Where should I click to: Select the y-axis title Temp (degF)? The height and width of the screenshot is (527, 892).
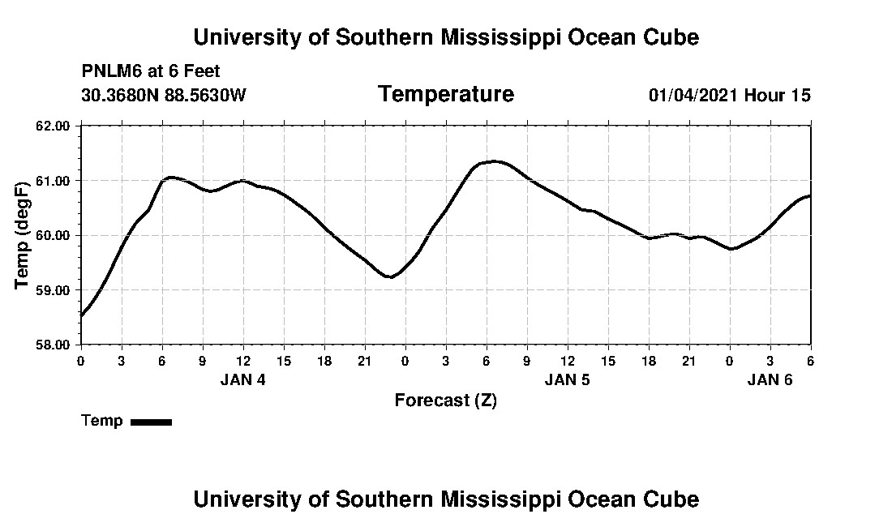click(23, 236)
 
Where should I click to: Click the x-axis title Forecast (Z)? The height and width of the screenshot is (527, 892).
click(445, 401)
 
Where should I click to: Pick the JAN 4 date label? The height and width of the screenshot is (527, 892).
click(242, 379)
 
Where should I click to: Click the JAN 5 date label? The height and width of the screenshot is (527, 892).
click(567, 379)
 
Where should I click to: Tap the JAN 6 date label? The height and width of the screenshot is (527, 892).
click(770, 379)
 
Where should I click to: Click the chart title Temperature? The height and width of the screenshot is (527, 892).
click(445, 95)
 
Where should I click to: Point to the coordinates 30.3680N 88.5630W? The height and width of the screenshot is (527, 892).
click(164, 96)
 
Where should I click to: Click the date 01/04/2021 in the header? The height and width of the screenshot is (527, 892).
click(693, 96)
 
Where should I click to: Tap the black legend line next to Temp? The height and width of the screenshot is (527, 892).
click(151, 422)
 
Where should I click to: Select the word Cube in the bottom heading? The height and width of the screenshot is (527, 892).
click(672, 499)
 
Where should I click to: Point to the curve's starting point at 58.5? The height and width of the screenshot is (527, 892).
click(81, 316)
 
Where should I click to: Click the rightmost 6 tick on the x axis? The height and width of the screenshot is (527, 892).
click(810, 360)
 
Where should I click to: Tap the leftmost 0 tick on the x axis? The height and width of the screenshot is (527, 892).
click(80, 360)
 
